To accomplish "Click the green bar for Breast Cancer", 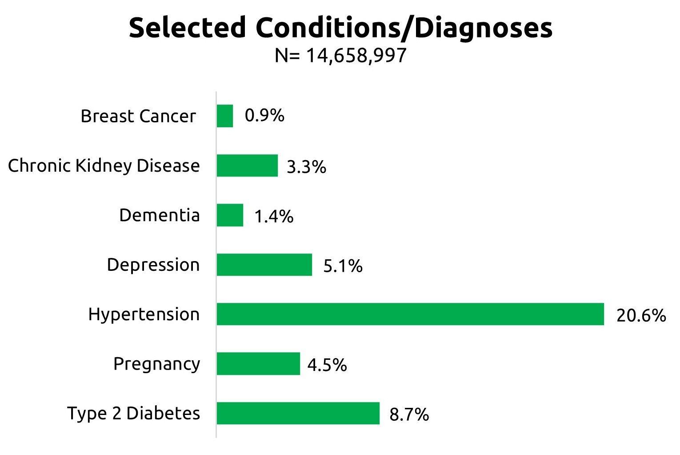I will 225,116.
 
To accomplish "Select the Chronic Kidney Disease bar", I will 247,165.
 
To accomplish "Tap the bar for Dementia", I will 230,215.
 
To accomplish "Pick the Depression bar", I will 264,265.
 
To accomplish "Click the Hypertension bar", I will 410,314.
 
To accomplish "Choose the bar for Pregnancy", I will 258,364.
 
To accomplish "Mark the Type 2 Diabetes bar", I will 298,413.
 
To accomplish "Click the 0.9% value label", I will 264,116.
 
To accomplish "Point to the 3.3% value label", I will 306,167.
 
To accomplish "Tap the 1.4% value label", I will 274,217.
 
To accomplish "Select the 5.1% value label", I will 343,266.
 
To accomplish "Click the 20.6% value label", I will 641,315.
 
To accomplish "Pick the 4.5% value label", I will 327,365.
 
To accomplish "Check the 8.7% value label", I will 409,415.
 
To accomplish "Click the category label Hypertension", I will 144,314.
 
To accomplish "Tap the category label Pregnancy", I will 156,364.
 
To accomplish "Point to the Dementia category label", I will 160,215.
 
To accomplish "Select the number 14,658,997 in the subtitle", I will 356,56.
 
